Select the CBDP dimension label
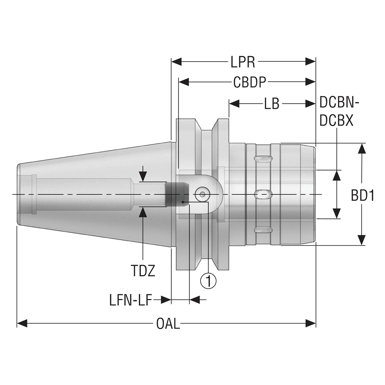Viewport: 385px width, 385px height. pos(250,82)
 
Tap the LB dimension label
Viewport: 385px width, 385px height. pos(272,104)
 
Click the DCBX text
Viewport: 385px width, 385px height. pos(337,121)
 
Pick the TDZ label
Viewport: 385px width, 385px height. pos(143,271)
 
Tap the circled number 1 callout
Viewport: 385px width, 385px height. pos(208,281)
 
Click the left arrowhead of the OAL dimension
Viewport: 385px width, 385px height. pos(22,323)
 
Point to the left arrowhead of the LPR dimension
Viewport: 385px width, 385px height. pos(177,62)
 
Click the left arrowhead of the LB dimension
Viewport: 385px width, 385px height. pos(234,104)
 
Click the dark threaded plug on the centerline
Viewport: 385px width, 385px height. pos(177,195)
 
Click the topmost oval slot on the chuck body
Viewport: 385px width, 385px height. pos(263,159)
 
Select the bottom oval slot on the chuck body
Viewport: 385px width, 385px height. pos(263,230)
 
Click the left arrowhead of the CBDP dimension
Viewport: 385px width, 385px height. pos(184,82)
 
